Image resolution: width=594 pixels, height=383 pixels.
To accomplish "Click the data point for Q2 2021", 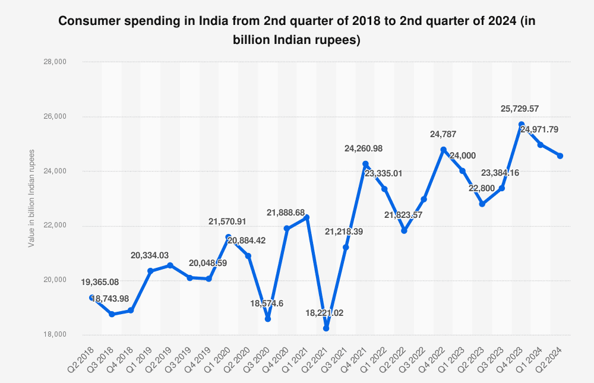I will pyautogui.click(x=326, y=328).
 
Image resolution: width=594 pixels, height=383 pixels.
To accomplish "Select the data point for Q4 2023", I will pyautogui.click(x=521, y=124).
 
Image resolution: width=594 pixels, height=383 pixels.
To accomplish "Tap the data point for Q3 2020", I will pyautogui.click(x=268, y=319).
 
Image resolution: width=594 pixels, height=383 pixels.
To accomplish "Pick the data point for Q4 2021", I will pyautogui.click(x=365, y=164).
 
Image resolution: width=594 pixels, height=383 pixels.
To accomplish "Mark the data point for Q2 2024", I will pyautogui.click(x=560, y=156).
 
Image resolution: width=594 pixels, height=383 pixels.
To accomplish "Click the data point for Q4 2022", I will pyautogui.click(x=443, y=150).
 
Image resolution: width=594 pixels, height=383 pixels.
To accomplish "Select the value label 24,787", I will pyautogui.click(x=443, y=135).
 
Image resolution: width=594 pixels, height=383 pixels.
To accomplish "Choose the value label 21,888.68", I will pyautogui.click(x=287, y=213).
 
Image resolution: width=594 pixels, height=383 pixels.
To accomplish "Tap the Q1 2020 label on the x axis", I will pyautogui.click(x=220, y=356).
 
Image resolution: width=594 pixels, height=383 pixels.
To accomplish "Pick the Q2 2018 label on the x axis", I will pyautogui.click(x=83, y=356).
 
